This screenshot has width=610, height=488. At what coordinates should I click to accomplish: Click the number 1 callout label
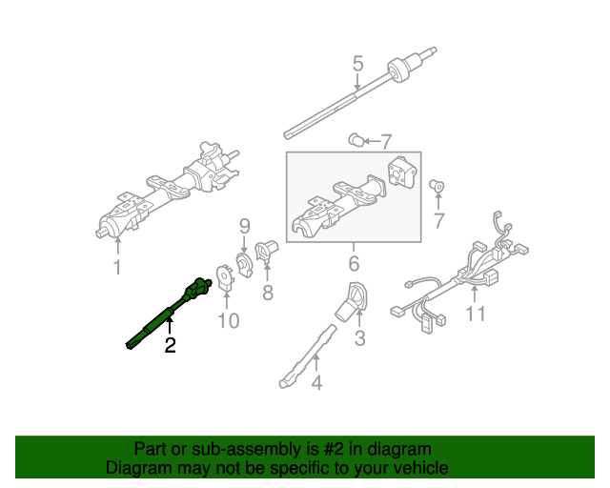pos(117,268)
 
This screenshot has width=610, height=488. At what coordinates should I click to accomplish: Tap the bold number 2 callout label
pos(170,346)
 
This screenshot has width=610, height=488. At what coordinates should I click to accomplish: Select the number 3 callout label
pos(359,337)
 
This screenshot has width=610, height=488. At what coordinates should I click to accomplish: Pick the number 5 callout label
pos(357,65)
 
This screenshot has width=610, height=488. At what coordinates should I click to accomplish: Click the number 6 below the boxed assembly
pos(353,263)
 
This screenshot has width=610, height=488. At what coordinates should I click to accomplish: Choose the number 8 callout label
pos(268,293)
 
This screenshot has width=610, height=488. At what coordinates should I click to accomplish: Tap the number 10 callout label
pos(228,320)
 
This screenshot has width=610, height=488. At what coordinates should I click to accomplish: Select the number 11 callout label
pos(474,314)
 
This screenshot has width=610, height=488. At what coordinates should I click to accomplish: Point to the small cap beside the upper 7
pos(356,140)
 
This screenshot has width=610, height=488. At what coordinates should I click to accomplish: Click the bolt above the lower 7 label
pos(438,185)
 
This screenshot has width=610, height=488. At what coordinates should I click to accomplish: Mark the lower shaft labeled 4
pos(306,356)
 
